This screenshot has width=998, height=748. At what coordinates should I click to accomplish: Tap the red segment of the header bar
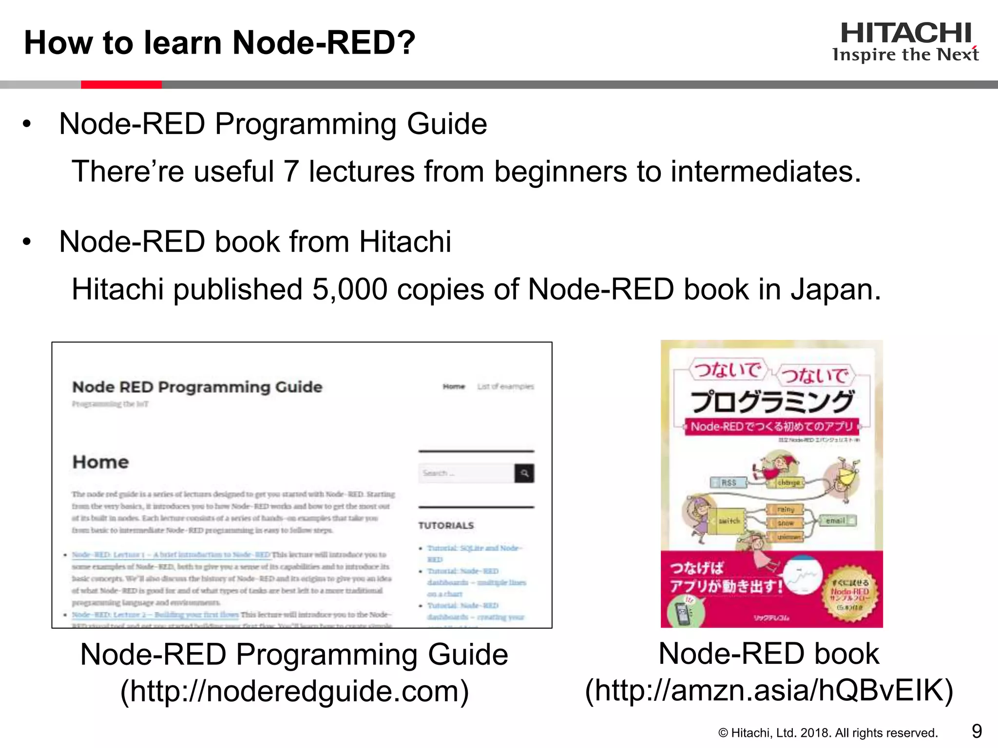click(x=121, y=85)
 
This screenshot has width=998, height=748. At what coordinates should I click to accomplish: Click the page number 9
click(x=977, y=731)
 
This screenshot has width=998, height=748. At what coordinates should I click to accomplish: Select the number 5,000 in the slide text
click(x=350, y=289)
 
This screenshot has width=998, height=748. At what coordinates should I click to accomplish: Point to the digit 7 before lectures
click(x=291, y=171)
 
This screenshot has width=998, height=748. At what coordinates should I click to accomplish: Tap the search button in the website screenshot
click(x=524, y=473)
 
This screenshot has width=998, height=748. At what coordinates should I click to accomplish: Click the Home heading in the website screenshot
click(x=101, y=462)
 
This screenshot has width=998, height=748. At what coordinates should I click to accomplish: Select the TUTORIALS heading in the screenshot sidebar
click(x=446, y=525)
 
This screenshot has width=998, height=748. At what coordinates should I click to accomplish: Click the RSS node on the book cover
click(x=729, y=483)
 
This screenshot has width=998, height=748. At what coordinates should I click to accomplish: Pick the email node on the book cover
click(x=836, y=521)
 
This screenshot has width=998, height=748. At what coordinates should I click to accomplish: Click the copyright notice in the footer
click(x=828, y=733)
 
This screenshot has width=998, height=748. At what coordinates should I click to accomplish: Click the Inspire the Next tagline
click(x=905, y=55)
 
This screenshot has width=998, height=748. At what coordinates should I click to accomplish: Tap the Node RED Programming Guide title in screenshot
click(x=197, y=387)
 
